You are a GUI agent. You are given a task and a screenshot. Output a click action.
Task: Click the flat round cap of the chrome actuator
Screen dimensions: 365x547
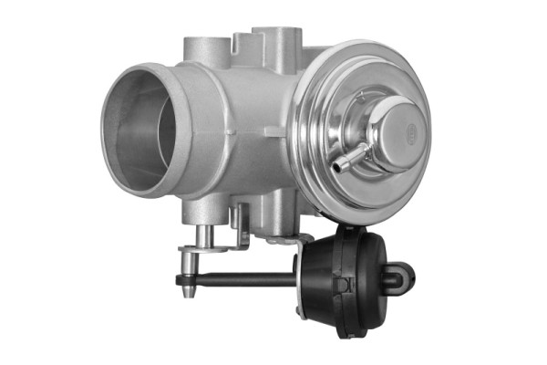[x=400, y=128]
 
